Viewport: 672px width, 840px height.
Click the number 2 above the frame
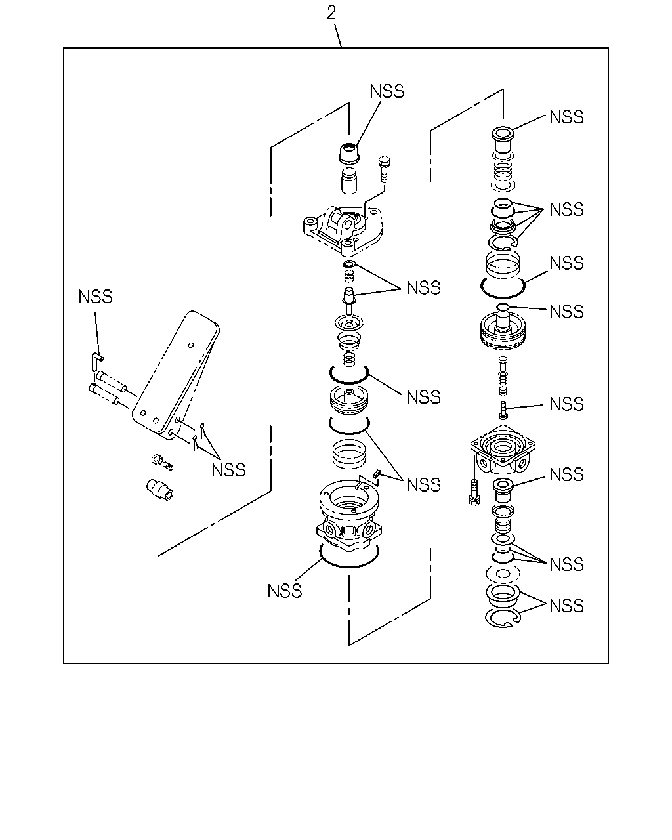331,13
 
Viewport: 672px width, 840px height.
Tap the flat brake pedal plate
175,375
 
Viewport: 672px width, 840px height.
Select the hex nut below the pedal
157,459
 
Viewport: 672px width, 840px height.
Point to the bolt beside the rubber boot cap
384,169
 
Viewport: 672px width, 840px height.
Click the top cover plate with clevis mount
343,231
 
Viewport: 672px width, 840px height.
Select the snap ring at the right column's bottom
503,618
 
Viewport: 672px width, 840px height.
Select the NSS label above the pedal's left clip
95,297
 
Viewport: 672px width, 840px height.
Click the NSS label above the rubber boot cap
387,91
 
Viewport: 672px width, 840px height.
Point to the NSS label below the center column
284,591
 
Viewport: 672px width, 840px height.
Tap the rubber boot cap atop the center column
348,154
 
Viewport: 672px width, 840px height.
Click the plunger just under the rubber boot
349,180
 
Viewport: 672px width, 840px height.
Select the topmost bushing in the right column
503,140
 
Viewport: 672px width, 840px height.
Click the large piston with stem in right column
503,327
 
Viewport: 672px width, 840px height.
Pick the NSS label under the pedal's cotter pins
228,470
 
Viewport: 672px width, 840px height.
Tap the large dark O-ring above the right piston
503,287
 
